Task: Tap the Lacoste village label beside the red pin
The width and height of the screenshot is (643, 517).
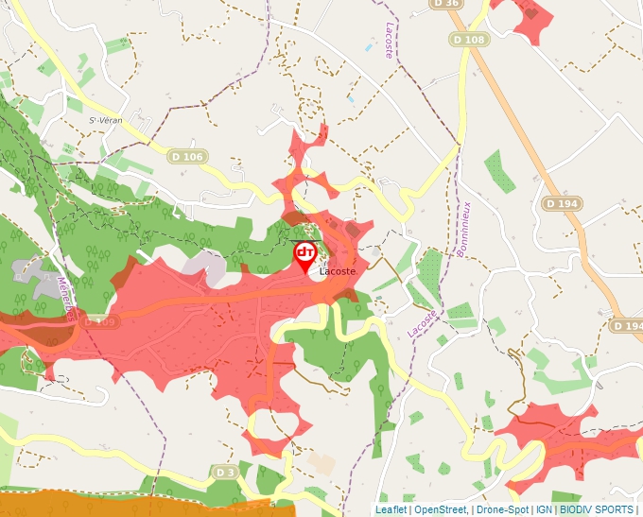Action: (x=338, y=272)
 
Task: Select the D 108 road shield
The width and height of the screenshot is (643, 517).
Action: (x=468, y=40)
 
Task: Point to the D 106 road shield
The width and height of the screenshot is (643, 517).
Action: (x=188, y=156)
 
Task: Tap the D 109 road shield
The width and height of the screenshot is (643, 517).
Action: (x=98, y=322)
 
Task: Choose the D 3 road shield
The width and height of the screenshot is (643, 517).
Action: (x=224, y=472)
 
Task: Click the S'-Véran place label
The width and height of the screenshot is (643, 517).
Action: (x=106, y=120)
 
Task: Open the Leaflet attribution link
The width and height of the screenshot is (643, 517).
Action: (x=391, y=509)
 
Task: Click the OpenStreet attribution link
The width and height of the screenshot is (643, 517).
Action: (x=440, y=509)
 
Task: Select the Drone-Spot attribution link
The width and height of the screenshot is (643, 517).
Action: (x=502, y=509)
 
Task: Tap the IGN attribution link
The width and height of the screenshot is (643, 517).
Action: (x=544, y=509)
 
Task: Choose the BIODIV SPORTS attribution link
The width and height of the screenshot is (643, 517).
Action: (x=597, y=509)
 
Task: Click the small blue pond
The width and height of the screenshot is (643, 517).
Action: (x=352, y=98)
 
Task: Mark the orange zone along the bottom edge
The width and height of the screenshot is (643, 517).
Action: (x=142, y=504)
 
